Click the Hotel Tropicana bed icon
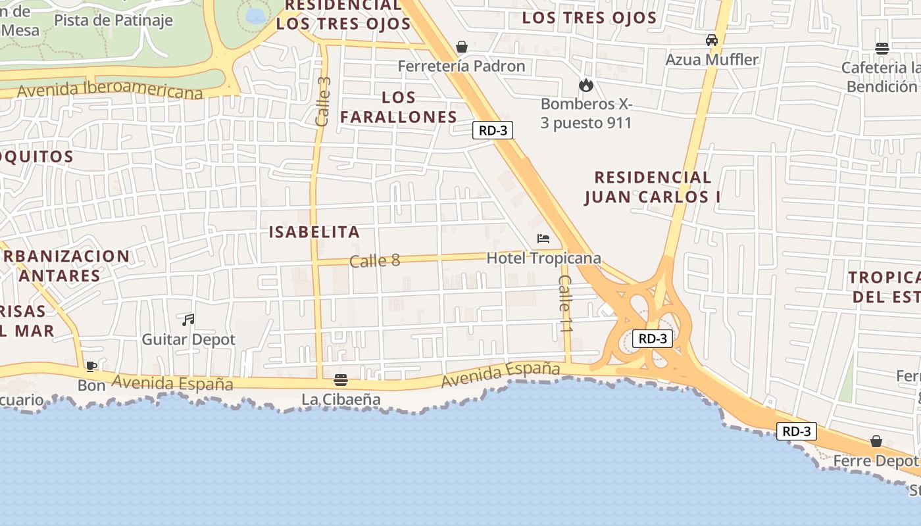pyautogui.click(x=543, y=239)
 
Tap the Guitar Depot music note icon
pyautogui.click(x=188, y=320)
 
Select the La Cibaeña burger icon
pyautogui.click(x=341, y=380)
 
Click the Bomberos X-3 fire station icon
pyautogui.click(x=585, y=85)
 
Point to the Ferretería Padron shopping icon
pyautogui.click(x=462, y=47)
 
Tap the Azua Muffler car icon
pyautogui.click(x=712, y=40)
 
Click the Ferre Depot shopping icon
pyautogui.click(x=876, y=441)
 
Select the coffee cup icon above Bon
pyautogui.click(x=91, y=366)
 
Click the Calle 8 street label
pyautogui.click(x=374, y=260)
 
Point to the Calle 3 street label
pyautogui.click(x=323, y=102)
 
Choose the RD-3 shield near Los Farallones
pyautogui.click(x=493, y=130)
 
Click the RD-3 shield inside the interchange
pyautogui.click(x=653, y=339)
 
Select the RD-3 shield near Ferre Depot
pyautogui.click(x=796, y=431)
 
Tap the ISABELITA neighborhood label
pyautogui.click(x=314, y=231)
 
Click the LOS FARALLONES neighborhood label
pyautogui.click(x=399, y=107)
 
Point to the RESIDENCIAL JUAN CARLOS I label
pyautogui.click(x=653, y=187)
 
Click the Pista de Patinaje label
pyautogui.click(x=113, y=20)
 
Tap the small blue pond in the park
pyautogui.click(x=255, y=14)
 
